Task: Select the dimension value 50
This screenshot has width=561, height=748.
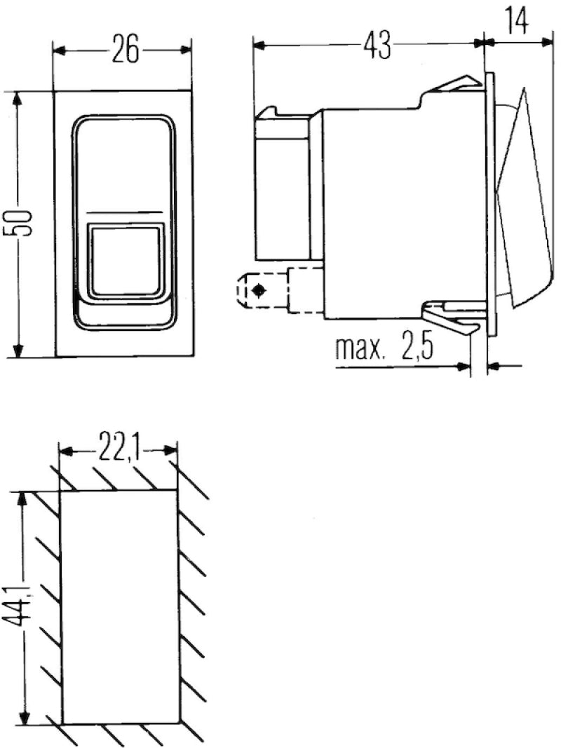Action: coord(22,223)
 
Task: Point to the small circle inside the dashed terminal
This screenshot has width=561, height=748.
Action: coord(259,290)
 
